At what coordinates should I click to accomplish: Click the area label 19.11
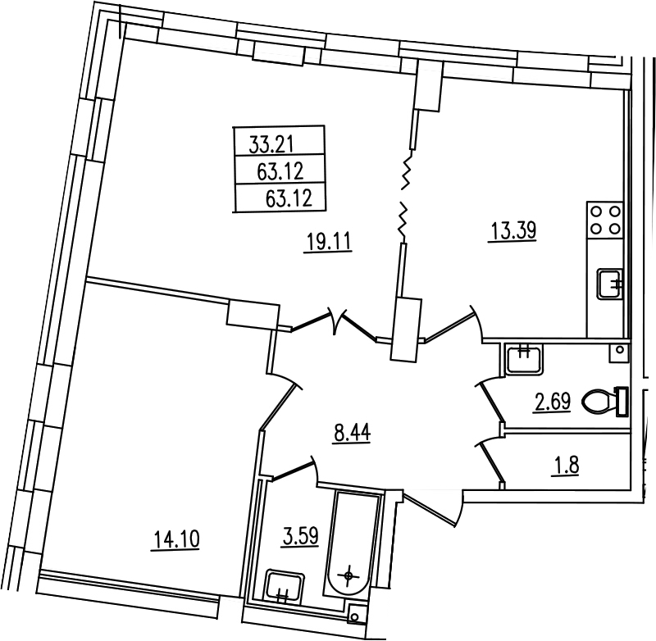[330, 242]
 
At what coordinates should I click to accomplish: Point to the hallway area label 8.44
[352, 432]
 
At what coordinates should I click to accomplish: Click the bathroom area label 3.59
[301, 536]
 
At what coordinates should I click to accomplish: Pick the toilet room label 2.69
[552, 402]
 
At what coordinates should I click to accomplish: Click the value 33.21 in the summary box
[272, 144]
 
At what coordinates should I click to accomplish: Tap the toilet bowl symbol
[605, 401]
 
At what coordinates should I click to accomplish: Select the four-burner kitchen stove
[605, 220]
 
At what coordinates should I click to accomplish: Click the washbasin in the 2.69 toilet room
[525, 359]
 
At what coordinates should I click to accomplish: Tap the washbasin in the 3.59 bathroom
[285, 586]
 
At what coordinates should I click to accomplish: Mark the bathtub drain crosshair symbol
[348, 575]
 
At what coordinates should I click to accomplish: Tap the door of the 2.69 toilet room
[491, 400]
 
